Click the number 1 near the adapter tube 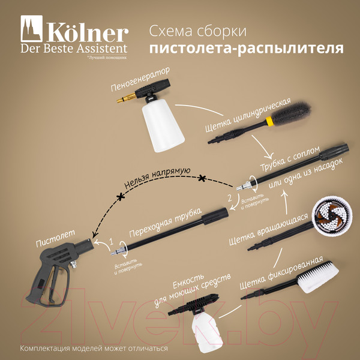click(x=110, y=241)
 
